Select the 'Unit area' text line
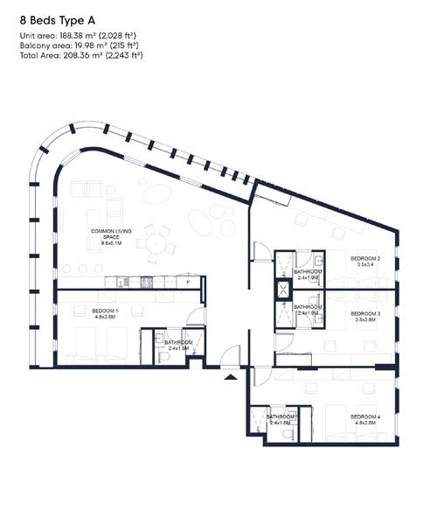tap(80, 36)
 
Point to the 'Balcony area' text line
tap(78, 45)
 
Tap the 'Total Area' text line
tap(80, 55)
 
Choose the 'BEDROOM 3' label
tap(365, 316)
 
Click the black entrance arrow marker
tap(231, 376)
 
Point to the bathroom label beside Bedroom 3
tap(308, 309)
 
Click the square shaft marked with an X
tap(284, 290)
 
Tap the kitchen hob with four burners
tap(147, 282)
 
